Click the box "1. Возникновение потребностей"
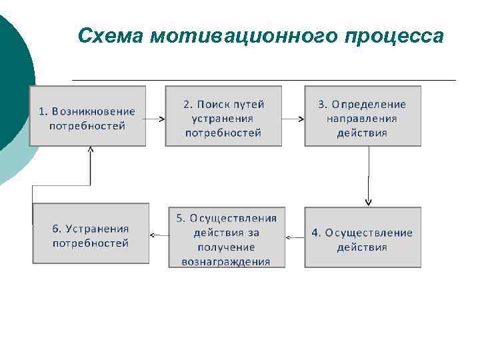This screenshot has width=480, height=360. pos(87,116)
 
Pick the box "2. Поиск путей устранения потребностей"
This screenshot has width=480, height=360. pos(223,116)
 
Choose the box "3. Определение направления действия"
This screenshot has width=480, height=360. pos(363,116)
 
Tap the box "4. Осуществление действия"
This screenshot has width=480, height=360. pos(363,238)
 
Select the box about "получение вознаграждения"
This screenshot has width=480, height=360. pos(226,238)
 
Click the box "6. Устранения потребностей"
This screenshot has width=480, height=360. pos(91,234)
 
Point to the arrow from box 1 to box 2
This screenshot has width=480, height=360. pos(155,119)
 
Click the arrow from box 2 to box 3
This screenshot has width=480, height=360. pos(293,119)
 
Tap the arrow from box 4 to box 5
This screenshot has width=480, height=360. pos(295,237)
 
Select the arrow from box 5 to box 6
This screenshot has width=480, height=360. pos(159,235)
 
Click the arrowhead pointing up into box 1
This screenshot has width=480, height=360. pos(91,151)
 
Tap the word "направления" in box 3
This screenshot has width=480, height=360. pos(362,118)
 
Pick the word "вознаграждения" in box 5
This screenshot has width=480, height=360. pos(226,261)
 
